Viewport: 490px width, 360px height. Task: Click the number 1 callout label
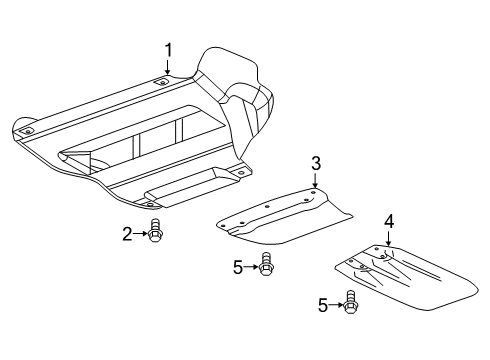click(168, 50)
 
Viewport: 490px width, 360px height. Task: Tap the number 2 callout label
click(128, 234)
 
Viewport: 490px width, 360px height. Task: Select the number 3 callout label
click(315, 162)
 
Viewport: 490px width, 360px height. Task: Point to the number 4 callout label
click(388, 220)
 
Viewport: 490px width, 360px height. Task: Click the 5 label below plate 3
click(238, 266)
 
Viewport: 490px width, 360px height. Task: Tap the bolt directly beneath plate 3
click(265, 266)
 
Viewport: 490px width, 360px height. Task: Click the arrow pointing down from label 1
click(168, 68)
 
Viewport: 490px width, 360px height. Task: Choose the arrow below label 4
click(388, 238)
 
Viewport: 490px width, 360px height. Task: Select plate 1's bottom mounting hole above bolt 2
click(153, 203)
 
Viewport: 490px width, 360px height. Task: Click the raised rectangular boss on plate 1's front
click(189, 184)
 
